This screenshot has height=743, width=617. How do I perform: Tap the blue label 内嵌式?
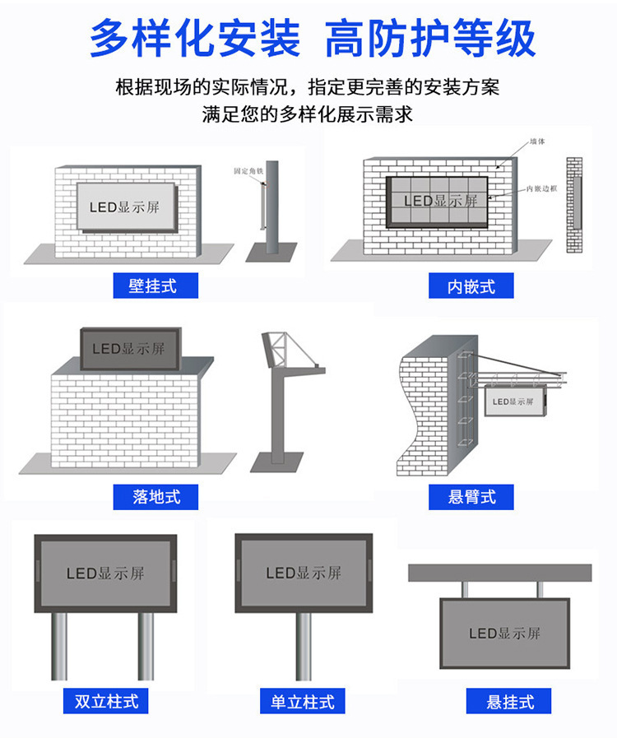[x=471, y=286]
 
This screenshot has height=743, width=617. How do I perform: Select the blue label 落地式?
[x=156, y=496]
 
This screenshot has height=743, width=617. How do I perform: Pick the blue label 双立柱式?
[x=106, y=701]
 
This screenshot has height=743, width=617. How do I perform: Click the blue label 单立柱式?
[x=303, y=701]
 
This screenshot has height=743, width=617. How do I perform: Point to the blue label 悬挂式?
[x=509, y=701]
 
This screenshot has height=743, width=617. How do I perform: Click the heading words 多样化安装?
[x=194, y=39]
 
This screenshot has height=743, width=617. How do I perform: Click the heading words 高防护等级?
[x=430, y=39]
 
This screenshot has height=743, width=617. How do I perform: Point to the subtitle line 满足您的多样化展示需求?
[x=308, y=114]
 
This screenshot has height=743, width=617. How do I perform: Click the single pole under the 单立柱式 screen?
[x=304, y=646]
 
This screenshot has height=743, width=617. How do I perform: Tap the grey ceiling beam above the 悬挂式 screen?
[x=500, y=572]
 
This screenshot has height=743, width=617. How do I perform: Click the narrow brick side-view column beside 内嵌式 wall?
[x=574, y=205]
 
